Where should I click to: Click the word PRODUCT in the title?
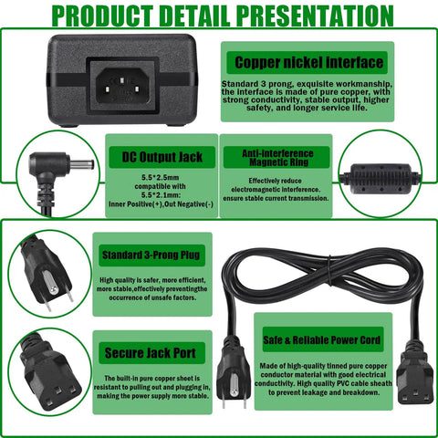point(102,16)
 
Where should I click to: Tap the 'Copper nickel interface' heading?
point(308,62)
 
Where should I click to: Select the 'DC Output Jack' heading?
point(162,157)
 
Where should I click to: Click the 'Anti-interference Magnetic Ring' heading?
point(277,158)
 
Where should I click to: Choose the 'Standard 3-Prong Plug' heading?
point(151,255)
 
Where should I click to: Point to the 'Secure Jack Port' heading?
point(151,353)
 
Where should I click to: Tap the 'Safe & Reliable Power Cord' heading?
point(322,339)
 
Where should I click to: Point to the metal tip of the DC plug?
point(81,164)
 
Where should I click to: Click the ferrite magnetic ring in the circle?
point(381,179)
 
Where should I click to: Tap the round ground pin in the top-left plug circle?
point(51,282)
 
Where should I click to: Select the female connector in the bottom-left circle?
point(49,377)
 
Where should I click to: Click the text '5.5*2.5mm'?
point(160,177)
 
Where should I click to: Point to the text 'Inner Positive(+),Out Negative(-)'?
point(161,204)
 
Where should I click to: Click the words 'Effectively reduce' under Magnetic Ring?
point(275,181)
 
